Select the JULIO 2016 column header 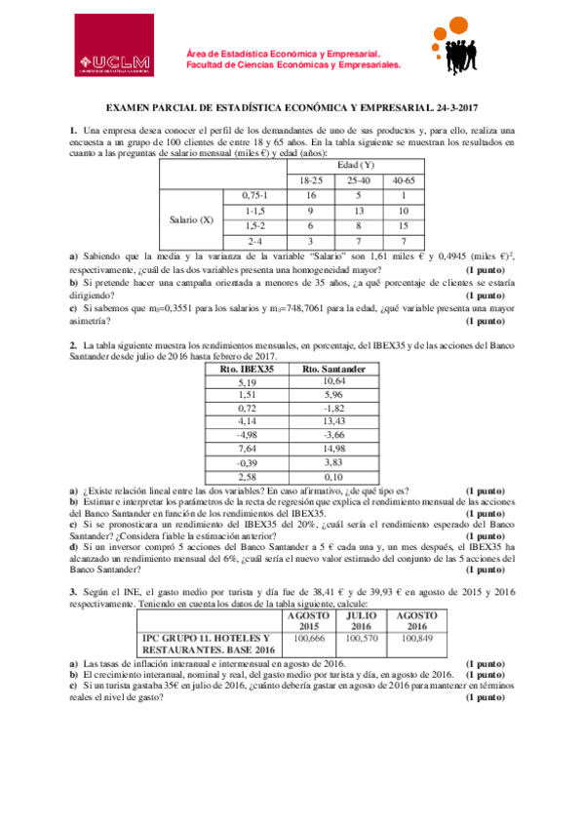(362, 620)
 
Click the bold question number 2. (73, 344)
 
